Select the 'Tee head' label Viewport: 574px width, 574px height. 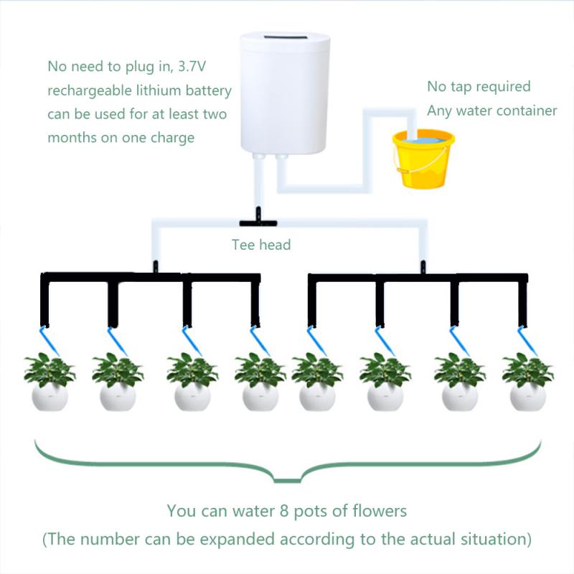(261, 245)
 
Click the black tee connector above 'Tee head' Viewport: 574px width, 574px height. (254, 214)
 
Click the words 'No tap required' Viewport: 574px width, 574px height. (479, 87)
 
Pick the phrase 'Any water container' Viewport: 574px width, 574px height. (491, 110)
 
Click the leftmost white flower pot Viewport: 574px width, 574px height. (50, 397)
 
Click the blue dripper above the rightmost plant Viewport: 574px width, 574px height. (527, 337)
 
